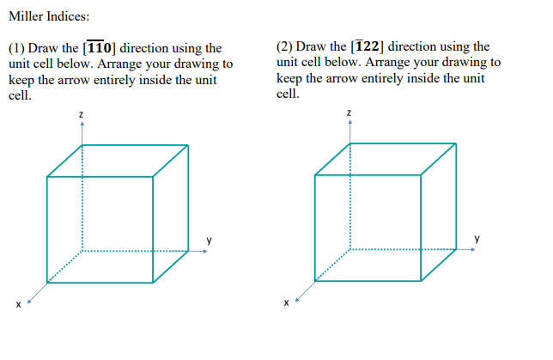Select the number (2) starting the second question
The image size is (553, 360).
(284, 47)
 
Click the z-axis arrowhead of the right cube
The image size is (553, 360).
(349, 123)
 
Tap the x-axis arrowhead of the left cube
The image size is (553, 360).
(30, 300)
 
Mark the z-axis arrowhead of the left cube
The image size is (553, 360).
(82, 123)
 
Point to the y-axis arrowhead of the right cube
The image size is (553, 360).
(474, 250)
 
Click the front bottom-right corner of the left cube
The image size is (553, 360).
(154, 282)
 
